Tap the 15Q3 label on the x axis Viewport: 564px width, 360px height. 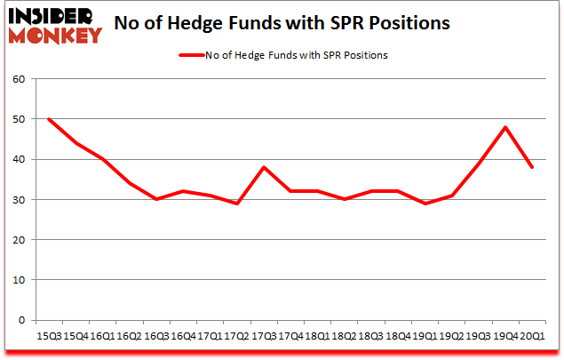coord(48,337)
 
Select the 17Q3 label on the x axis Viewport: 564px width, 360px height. coord(263,337)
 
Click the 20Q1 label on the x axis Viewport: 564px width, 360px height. coord(532,337)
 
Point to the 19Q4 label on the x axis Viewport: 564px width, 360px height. coord(505,337)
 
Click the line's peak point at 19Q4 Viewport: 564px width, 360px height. coord(505,127)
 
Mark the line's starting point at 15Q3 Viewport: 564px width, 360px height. coord(48,119)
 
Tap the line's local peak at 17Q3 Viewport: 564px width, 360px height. coord(263,167)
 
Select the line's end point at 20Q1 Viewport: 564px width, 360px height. coord(532,167)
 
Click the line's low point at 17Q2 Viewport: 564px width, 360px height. coord(236,204)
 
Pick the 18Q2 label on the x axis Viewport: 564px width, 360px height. coord(344,337)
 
